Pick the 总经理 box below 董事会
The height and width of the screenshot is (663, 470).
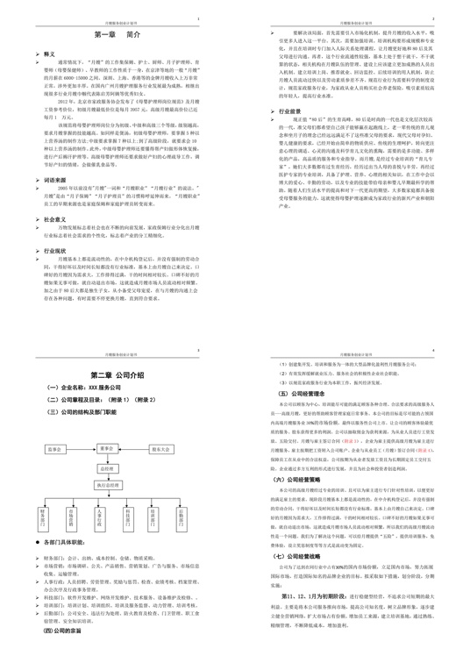[108, 468]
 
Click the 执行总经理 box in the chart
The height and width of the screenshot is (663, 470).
[108, 483]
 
